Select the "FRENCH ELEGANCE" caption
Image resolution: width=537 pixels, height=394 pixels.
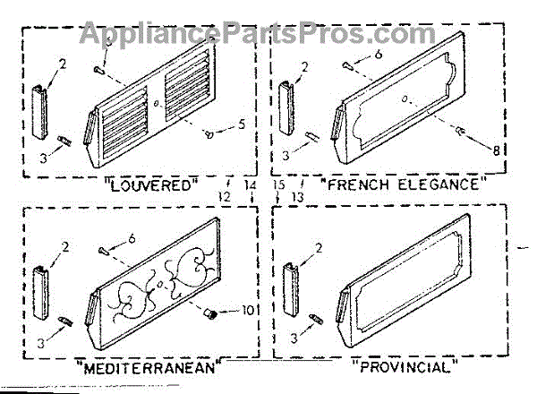point(405,185)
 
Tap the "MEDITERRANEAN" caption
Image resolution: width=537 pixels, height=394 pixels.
point(148,367)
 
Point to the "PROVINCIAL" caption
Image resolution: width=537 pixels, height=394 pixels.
point(405,366)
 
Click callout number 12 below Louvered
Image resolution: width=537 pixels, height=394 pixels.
point(224,196)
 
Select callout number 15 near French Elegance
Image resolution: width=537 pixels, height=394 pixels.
point(279,184)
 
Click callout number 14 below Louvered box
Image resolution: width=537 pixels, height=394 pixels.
point(249,184)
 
